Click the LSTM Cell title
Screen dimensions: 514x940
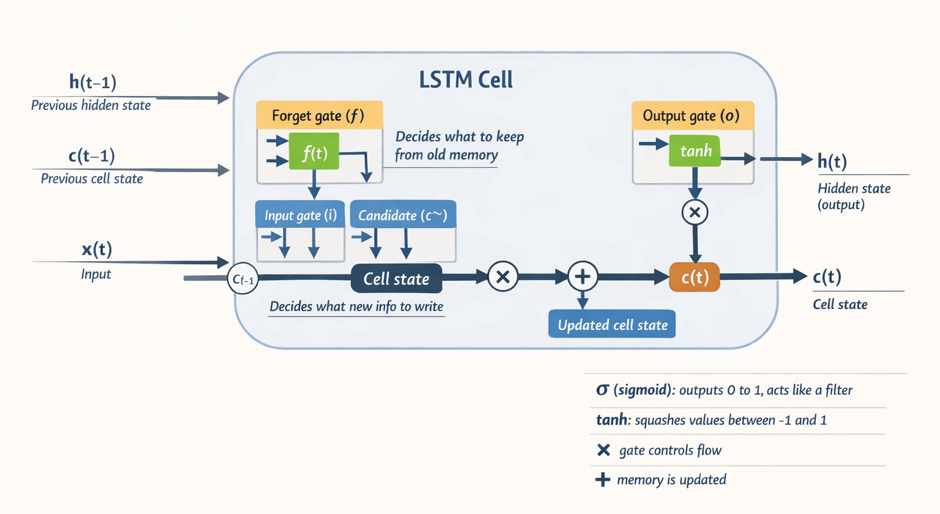coord(466,80)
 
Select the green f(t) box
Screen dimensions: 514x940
coord(314,152)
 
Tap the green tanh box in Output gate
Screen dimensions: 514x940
coord(695,150)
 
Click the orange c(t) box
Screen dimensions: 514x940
coord(695,277)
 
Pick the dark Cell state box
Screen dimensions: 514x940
coord(396,278)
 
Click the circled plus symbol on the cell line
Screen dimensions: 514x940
coord(583,277)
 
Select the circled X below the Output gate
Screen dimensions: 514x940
coord(695,212)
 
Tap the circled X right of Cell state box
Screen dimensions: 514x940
coord(502,277)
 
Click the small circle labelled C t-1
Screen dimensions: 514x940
coord(243,279)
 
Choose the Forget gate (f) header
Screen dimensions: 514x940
coord(319,116)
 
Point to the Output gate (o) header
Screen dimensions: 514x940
coord(692,116)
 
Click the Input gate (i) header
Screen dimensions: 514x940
coord(300,215)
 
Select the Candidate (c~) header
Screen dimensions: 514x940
coord(403,215)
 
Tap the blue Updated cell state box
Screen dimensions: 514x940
coord(612,325)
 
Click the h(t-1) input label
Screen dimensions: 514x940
coord(92,82)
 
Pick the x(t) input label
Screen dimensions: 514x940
coord(97,249)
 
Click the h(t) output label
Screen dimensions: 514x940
coord(832,162)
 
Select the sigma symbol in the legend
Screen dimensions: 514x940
coord(602,390)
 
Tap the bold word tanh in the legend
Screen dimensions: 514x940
coord(611,420)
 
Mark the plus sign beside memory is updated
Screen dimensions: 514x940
coord(603,480)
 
